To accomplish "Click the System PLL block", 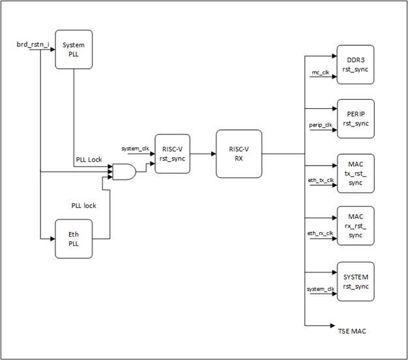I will pos(74,49).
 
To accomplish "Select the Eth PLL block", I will pos(74,239).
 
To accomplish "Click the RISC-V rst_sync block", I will pos(173,155).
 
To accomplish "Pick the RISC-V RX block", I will pos(238,155).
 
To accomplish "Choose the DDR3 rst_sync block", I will pos(355,65).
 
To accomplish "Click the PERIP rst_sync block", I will pos(355,119).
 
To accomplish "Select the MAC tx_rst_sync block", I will pos(355,173).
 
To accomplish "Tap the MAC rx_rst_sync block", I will pos(355,226).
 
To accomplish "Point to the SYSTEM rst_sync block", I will pos(355,282).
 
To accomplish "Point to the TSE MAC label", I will pos(351,331).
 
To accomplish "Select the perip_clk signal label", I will pos(321,125).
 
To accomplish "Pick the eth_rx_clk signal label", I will pos(321,233).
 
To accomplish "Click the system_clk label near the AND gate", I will pos(136,149).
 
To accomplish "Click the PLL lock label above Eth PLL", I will pos(83,205).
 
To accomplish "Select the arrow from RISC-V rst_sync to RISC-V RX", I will pos(203,155).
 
